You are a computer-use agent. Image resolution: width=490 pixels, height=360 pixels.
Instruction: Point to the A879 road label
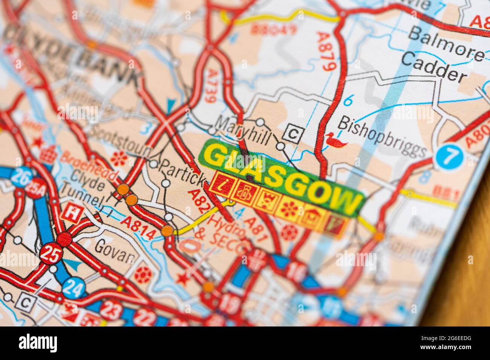[326, 52]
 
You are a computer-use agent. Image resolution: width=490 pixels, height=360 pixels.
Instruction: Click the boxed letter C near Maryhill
[293, 133]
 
